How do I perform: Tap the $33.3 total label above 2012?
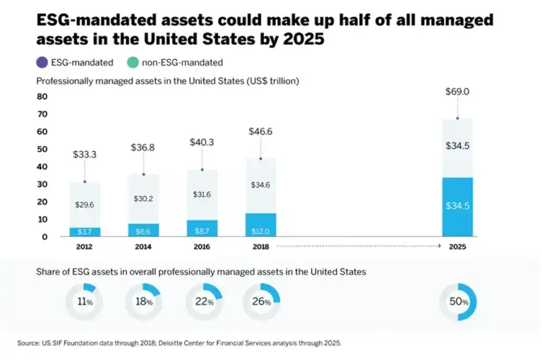point(85,155)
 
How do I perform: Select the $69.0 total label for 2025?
point(457,92)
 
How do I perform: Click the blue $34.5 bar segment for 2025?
point(457,205)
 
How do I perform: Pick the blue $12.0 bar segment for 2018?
point(261,232)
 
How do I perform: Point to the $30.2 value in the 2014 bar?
point(144,198)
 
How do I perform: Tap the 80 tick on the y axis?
point(42,97)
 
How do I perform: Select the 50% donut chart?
point(457,302)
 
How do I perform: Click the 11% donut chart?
point(85,302)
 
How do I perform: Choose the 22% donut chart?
point(203,302)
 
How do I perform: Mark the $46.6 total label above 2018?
point(261,131)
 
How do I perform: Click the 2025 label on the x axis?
point(457,248)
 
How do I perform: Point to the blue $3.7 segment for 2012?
point(85,232)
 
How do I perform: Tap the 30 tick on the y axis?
point(42,184)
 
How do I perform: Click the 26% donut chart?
point(262,302)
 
